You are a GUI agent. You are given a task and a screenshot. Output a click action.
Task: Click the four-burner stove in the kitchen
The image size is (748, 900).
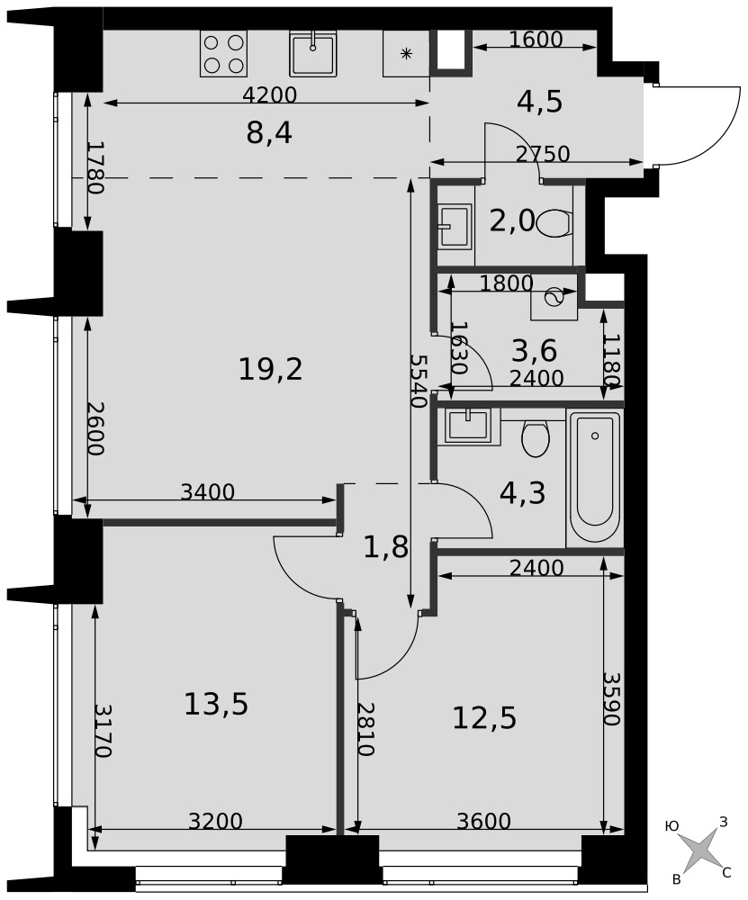tap(224, 53)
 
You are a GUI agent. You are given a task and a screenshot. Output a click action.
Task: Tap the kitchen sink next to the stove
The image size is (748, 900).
tap(313, 53)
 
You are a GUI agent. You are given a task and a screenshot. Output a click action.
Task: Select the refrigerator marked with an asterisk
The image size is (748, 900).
tap(407, 53)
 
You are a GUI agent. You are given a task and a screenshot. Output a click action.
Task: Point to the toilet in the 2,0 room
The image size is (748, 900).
tap(555, 222)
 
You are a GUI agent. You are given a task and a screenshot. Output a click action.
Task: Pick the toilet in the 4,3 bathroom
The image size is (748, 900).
tap(535, 438)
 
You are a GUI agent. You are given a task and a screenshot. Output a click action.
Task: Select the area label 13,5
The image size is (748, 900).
tap(216, 704)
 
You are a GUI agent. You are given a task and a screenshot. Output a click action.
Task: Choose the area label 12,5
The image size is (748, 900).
tap(484, 717)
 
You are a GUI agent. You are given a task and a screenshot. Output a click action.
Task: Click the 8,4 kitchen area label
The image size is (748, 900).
tap(269, 133)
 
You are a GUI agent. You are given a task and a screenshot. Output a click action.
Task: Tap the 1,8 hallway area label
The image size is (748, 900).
tap(386, 547)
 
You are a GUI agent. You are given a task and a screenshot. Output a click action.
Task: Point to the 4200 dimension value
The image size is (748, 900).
tap(270, 94)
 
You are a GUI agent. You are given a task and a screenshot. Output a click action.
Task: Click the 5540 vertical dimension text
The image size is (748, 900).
tap(419, 381)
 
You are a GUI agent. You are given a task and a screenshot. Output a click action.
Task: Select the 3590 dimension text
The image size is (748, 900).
tap(612, 698)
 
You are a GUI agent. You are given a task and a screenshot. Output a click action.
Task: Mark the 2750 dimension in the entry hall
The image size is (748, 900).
tap(543, 154)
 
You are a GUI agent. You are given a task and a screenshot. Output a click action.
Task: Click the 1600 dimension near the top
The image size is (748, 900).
tap(536, 39)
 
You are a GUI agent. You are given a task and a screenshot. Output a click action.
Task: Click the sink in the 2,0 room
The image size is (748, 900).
tap(455, 226)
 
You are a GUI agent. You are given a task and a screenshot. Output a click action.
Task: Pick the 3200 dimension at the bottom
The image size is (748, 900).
tap(216, 822)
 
